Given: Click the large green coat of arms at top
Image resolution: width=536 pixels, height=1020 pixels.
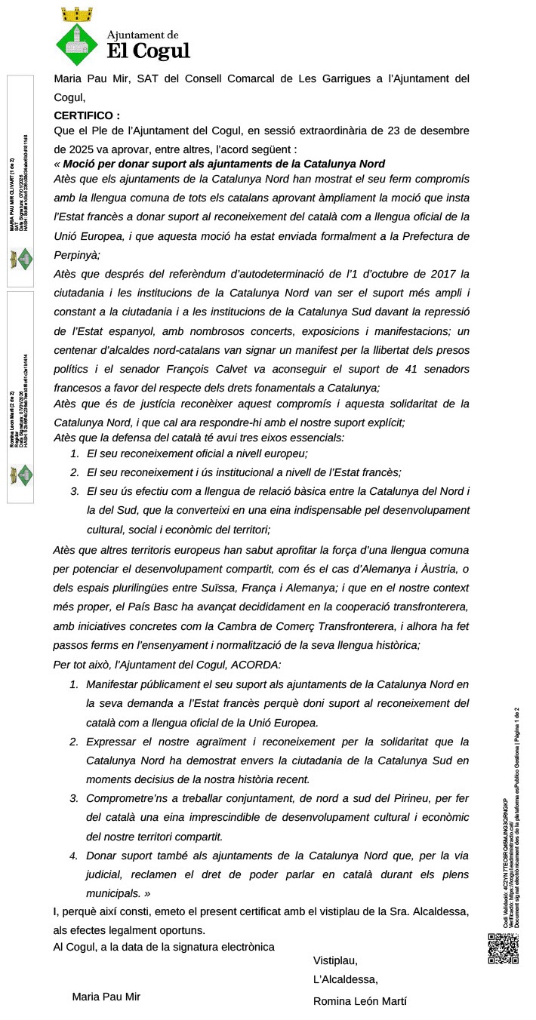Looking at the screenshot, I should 78,45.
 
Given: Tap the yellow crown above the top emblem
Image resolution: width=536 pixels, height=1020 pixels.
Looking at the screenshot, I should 76,13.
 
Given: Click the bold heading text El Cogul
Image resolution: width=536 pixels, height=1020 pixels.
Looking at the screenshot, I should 149,51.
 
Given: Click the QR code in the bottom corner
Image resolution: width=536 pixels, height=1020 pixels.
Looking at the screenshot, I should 504,949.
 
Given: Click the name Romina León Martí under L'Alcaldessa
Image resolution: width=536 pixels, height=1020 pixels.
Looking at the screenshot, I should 359,1001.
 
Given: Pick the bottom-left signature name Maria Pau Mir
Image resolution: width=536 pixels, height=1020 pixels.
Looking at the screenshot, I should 106,997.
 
